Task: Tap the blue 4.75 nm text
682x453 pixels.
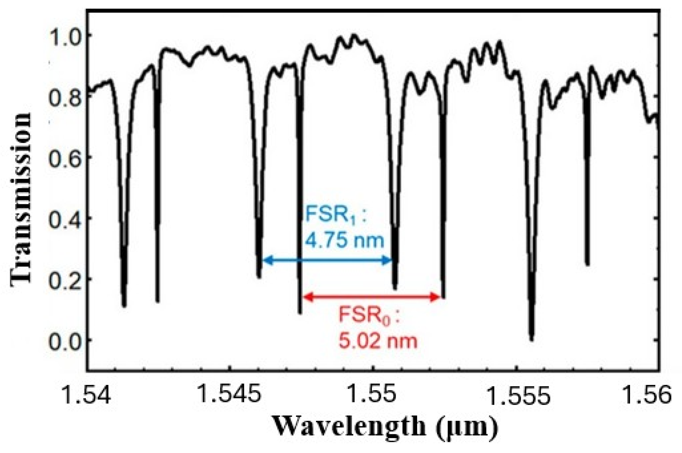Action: pos(344,240)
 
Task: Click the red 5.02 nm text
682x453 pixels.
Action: pos(378,341)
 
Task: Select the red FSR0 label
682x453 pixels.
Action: pos(369,315)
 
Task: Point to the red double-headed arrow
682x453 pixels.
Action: pos(372,297)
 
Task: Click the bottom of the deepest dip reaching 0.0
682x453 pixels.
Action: pos(531,339)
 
